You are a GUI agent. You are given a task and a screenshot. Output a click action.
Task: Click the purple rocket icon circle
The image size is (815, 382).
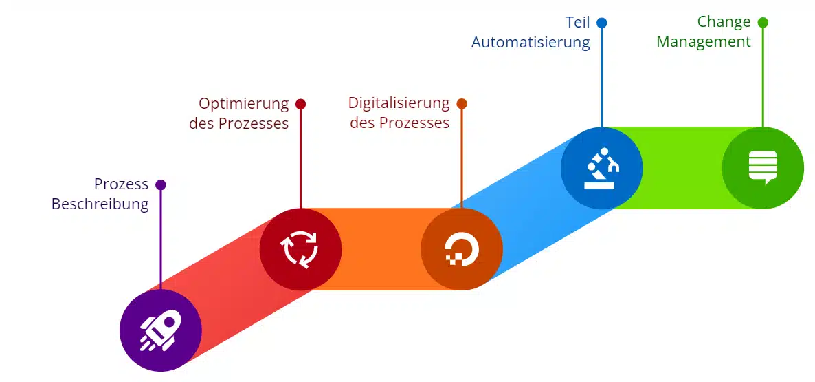pos(160,330)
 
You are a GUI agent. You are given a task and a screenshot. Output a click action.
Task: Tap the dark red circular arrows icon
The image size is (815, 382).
pos(300,248)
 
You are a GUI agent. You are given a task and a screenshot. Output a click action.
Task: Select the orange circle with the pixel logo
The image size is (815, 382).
pos(461,248)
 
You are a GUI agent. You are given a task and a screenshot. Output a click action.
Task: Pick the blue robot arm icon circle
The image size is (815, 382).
pos(601,168)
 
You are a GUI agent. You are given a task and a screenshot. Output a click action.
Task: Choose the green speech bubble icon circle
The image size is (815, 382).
pos(762,168)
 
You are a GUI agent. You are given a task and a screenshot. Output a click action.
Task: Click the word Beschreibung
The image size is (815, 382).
pos(100,204)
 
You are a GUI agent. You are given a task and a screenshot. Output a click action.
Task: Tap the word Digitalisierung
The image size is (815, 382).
pos(399,104)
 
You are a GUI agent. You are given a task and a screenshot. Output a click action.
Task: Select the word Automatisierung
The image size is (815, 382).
pos(530,42)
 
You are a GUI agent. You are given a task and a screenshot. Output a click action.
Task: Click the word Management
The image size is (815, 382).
pos(703,42)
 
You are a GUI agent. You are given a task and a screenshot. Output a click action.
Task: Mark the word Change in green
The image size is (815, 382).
pos(724,22)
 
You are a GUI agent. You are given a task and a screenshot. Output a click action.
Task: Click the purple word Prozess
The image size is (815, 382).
pos(121,184)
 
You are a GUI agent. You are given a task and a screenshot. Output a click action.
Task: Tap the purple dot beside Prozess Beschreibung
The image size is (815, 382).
pos(161,184)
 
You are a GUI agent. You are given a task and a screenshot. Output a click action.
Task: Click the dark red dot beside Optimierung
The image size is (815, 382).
pos(300,104)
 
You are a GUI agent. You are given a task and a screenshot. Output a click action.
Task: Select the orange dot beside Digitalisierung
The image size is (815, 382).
pos(462,104)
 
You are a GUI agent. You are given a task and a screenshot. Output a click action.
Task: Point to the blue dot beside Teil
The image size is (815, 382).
pos(601,23)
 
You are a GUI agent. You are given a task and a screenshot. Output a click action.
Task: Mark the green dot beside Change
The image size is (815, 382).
pos(763,23)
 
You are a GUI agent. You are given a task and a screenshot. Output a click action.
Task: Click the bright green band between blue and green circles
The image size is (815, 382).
pos(682,168)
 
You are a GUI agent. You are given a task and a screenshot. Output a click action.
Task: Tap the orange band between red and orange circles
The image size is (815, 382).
pos(381,248)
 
